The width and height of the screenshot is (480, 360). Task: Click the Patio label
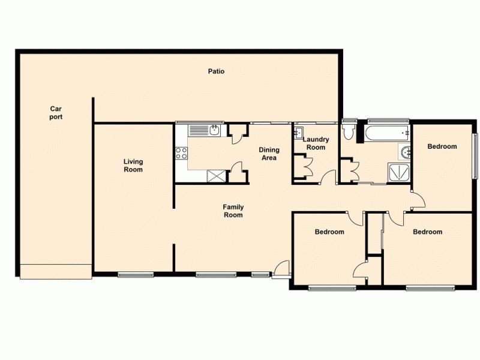pos(216,71)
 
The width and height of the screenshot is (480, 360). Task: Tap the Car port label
pos(56,113)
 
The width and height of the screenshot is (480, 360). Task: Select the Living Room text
pos(133,165)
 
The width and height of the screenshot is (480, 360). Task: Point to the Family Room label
pos(233,211)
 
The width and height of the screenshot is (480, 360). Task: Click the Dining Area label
pos(268,154)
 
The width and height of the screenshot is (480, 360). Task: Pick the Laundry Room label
pos(316,143)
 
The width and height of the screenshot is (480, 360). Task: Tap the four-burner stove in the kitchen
pos(181,153)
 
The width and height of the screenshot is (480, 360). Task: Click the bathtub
pos(387,133)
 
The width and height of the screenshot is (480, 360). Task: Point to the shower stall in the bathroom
pos(400,172)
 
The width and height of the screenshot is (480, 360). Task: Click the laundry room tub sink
pos(299,133)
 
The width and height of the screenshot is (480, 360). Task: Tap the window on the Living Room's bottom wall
pos(136,275)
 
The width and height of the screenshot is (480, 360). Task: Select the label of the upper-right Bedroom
pos(442,146)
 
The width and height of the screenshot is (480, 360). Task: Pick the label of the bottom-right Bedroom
pos(427,232)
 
